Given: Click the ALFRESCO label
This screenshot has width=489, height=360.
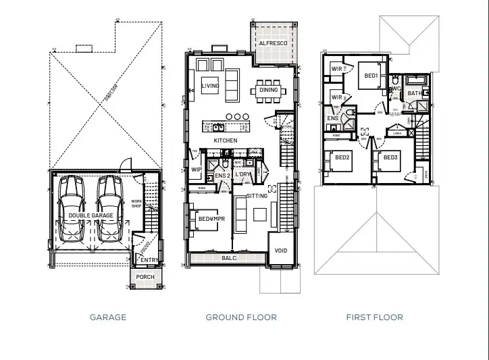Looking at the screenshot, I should (x=273, y=43).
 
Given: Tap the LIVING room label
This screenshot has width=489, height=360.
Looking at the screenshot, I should (x=210, y=86).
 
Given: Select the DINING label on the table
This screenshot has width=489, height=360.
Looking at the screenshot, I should (x=268, y=90).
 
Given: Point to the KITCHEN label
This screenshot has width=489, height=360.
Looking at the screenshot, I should (x=226, y=140).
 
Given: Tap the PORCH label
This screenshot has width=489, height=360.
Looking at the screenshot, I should (x=145, y=277).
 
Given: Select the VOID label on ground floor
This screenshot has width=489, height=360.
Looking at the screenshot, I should (x=281, y=251).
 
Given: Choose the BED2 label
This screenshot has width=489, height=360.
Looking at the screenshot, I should (x=343, y=157).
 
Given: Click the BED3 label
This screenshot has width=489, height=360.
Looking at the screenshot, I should (x=390, y=157).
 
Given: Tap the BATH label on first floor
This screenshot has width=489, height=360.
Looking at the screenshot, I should (x=414, y=94).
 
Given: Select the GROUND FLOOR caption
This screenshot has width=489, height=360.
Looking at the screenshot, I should (x=241, y=317).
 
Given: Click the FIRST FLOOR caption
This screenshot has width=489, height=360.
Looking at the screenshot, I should (x=374, y=317).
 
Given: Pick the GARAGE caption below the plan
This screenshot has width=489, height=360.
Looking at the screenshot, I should (x=108, y=317).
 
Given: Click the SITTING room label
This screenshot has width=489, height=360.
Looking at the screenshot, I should (x=257, y=195).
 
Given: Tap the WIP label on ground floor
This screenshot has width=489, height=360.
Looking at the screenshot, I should (x=197, y=170).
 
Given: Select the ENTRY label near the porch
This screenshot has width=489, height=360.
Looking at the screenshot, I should (x=149, y=259).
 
